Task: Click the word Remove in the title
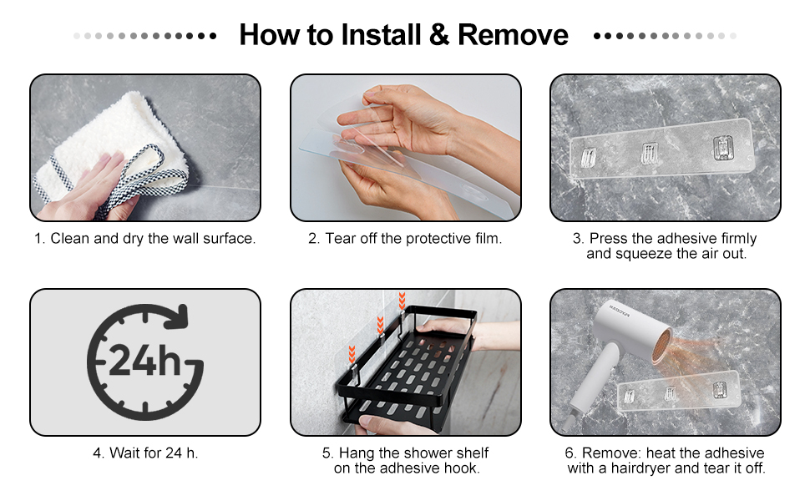[513, 35]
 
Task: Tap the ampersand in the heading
[439, 35]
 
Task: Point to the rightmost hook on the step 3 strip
[722, 147]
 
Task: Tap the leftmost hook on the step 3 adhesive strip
[589, 157]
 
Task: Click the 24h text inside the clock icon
[145, 360]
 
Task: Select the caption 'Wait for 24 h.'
[145, 453]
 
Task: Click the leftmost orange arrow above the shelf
[352, 354]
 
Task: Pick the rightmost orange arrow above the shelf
[402, 301]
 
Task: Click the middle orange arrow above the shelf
[380, 325]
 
